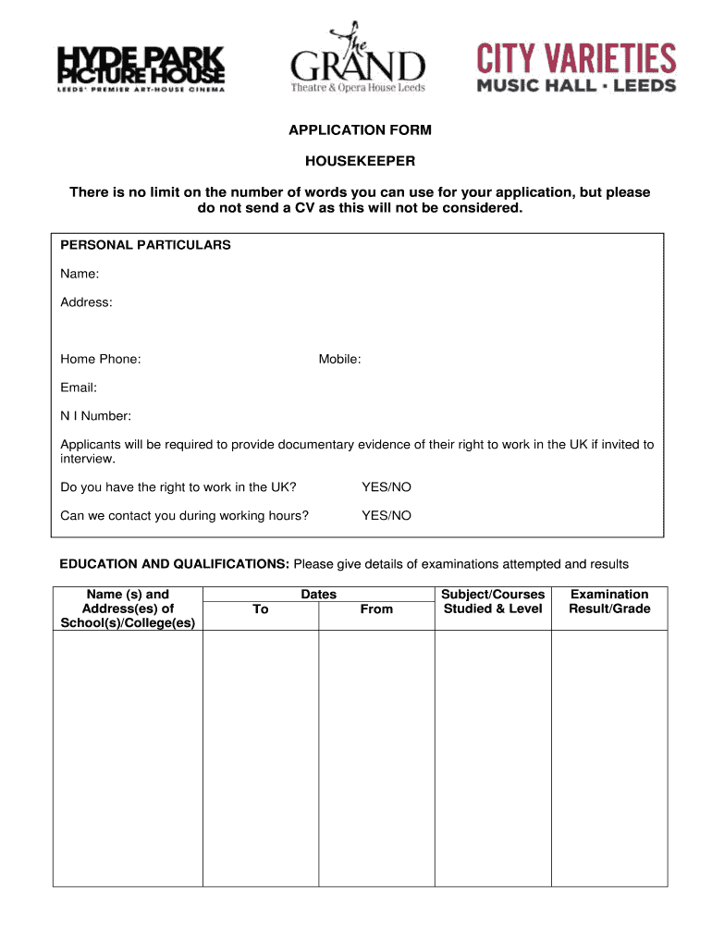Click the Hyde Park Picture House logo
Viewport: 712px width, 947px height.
[141, 67]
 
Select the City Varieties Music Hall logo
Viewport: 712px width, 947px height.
[576, 68]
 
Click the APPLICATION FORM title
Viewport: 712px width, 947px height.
[360, 130]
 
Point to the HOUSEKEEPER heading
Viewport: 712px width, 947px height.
[360, 161]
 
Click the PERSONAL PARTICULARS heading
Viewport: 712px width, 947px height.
[145, 245]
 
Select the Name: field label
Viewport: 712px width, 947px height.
[80, 274]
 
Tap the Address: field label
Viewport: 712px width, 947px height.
[86, 302]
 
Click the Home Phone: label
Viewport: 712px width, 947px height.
[101, 359]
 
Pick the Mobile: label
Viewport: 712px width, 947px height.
[339, 359]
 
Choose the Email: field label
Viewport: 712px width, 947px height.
[79, 387]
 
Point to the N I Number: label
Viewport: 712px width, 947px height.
[95, 416]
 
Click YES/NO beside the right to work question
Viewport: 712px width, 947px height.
[387, 486]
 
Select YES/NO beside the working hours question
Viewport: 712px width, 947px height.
[387, 515]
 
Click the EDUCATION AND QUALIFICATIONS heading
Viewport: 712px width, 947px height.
[175, 564]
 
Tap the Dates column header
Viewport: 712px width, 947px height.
[318, 595]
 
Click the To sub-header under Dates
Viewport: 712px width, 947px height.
[261, 609]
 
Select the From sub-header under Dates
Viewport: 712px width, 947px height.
[376, 609]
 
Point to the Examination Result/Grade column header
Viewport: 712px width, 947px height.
[609, 602]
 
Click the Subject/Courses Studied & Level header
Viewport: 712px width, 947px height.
[493, 602]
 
